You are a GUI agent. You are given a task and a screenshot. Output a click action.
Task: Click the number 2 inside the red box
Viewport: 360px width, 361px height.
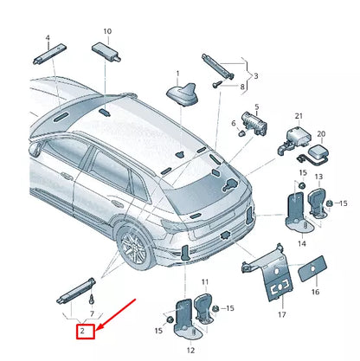[x=82, y=331]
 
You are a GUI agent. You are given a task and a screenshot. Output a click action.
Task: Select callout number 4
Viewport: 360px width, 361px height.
[x=48, y=38]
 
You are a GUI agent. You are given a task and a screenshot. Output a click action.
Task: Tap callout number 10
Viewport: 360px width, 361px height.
[x=107, y=31]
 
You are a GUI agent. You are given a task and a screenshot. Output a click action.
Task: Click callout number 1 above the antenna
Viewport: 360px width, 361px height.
[x=178, y=74]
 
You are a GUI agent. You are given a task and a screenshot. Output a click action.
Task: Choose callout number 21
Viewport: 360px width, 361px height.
[x=299, y=116]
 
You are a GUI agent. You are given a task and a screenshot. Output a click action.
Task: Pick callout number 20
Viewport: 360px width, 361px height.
[x=321, y=134]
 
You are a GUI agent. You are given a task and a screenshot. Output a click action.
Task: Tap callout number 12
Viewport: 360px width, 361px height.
[x=190, y=351]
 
